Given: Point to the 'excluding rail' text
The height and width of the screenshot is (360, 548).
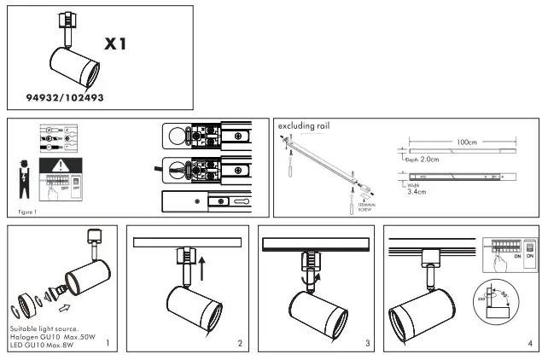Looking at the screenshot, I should (x=304, y=125).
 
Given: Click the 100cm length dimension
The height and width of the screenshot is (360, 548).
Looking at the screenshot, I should (x=465, y=142).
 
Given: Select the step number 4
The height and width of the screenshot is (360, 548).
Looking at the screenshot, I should (x=530, y=344).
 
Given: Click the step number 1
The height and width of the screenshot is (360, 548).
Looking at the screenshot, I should (x=108, y=344).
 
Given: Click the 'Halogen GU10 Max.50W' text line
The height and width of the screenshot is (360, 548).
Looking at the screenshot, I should (x=55, y=337).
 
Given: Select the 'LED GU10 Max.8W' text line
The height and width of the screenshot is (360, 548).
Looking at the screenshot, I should (x=50, y=345).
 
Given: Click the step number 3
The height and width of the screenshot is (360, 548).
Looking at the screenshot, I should (x=367, y=344).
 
